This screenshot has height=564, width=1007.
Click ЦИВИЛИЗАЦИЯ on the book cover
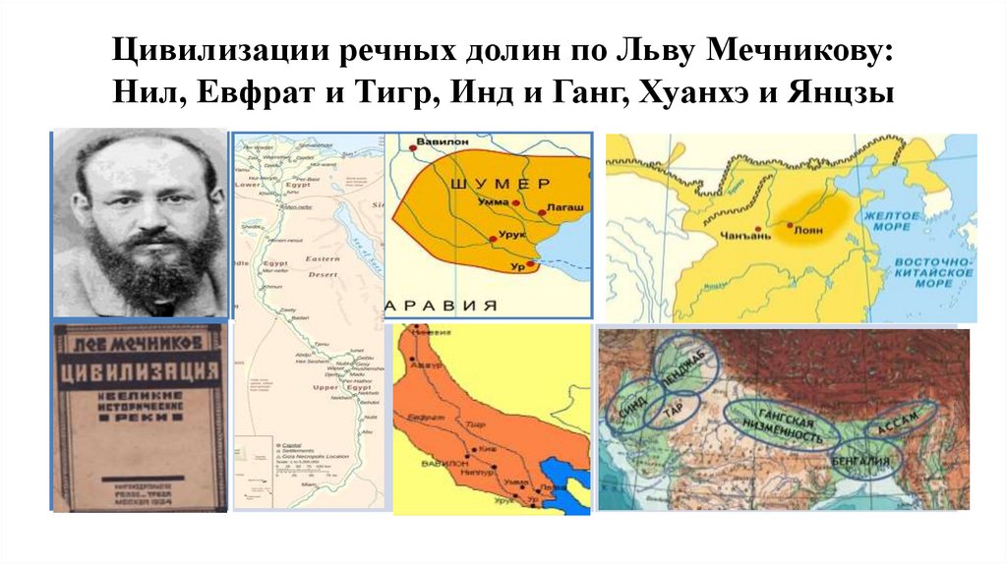[x=136, y=372]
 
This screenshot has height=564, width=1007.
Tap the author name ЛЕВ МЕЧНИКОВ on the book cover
[x=136, y=340]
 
